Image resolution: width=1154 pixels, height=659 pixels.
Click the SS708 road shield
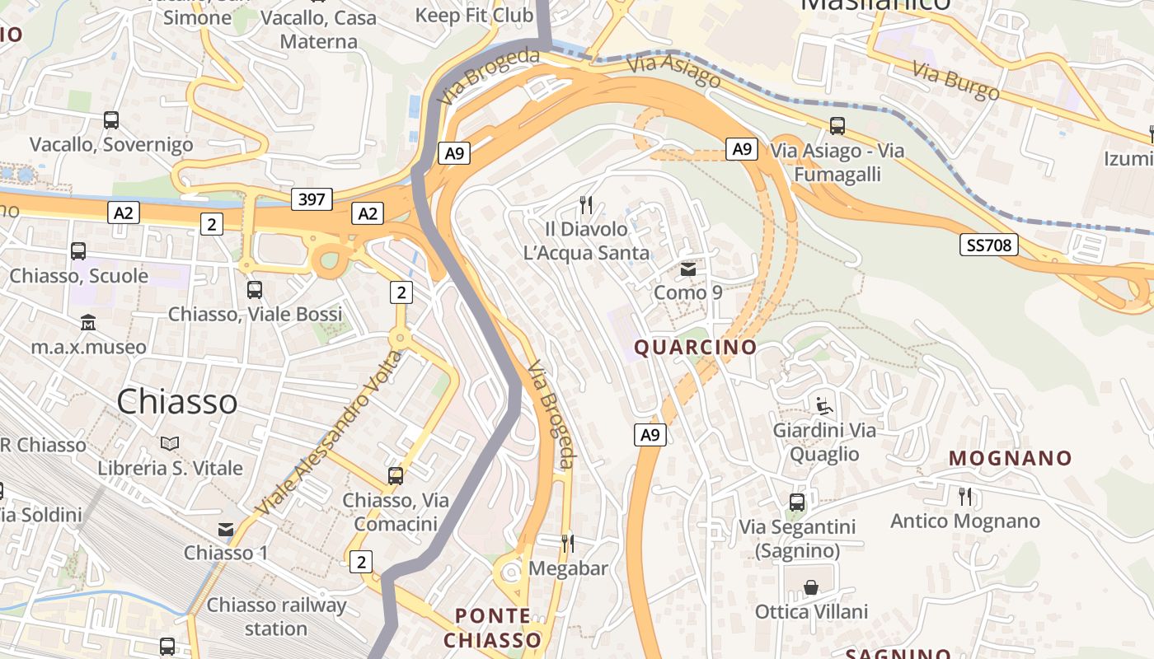pyautogui.click(x=989, y=245)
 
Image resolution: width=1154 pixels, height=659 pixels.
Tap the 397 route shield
pyautogui.click(x=312, y=199)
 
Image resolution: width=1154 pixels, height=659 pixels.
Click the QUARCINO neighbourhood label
pyautogui.click(x=695, y=347)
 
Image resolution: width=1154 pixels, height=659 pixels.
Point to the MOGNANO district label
pyautogui.click(x=1010, y=458)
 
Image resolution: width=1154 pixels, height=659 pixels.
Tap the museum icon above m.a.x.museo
pyautogui.click(x=88, y=323)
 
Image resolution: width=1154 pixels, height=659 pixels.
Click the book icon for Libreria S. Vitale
pyautogui.click(x=170, y=444)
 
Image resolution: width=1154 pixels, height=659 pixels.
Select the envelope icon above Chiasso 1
pyautogui.click(x=225, y=529)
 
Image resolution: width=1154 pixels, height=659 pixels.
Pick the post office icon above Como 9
pyautogui.click(x=687, y=269)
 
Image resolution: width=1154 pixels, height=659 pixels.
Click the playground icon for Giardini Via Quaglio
pyautogui.click(x=823, y=405)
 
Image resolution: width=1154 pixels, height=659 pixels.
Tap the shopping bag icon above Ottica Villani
pyautogui.click(x=811, y=587)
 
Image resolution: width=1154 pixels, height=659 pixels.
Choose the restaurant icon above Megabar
pyautogui.click(x=568, y=543)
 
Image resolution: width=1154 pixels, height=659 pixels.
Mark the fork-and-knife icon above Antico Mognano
pyautogui.click(x=965, y=496)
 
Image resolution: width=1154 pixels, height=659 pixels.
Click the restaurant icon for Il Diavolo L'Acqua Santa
pyautogui.click(x=586, y=203)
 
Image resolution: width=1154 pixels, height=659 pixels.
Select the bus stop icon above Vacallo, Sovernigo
pyautogui.click(x=111, y=120)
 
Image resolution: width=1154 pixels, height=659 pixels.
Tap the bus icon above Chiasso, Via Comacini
pyautogui.click(x=396, y=476)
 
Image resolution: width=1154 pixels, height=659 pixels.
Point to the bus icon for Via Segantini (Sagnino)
pyautogui.click(x=797, y=502)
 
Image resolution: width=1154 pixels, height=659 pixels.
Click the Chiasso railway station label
pyautogui.click(x=276, y=616)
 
